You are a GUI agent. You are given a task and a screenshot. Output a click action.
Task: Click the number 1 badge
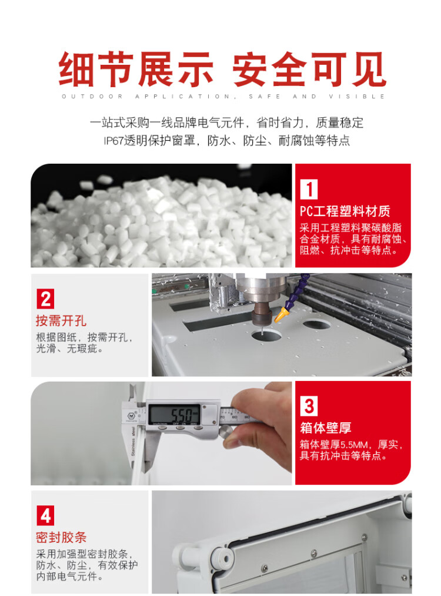(x=309, y=189)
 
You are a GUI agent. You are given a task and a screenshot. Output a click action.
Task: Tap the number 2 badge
(x=45, y=299)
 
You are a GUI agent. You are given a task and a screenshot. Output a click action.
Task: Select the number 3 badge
(x=309, y=406)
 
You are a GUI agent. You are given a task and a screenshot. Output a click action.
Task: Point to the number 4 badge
(x=45, y=515)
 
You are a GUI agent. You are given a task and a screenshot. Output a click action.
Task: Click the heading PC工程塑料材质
(x=345, y=211)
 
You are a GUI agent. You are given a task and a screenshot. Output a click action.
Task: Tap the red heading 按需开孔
(x=61, y=320)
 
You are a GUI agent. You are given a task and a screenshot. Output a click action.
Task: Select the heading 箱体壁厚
(x=326, y=428)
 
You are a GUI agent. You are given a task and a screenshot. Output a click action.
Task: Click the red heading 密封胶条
(x=61, y=537)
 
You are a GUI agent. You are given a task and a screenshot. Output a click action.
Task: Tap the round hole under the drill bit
(x=266, y=336)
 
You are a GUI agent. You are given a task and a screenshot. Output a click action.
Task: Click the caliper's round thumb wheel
(x=228, y=432)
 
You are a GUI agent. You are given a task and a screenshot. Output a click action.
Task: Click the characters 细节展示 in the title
(x=135, y=69)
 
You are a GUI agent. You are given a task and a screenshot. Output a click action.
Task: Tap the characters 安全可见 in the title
(x=309, y=69)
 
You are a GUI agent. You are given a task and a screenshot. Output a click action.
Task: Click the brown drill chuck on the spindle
(x=262, y=312)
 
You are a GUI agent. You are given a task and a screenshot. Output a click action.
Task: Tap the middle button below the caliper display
(x=180, y=428)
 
